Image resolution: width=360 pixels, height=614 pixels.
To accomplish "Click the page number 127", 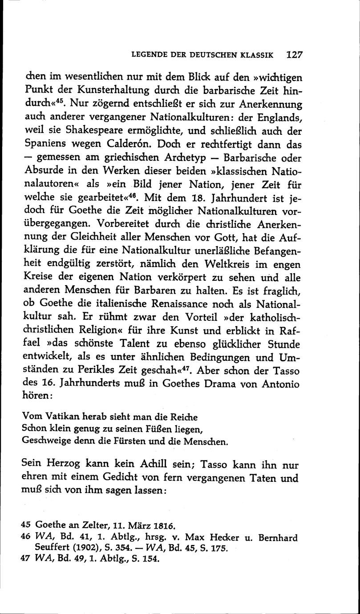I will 295,55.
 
